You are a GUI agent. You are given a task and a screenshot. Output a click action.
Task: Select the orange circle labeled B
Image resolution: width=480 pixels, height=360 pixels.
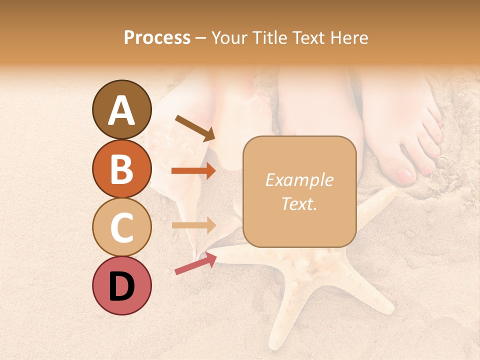121,168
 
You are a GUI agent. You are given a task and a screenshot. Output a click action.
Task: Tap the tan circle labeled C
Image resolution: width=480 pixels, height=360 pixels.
121,227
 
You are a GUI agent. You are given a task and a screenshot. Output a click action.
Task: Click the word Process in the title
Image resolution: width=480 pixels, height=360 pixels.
157,37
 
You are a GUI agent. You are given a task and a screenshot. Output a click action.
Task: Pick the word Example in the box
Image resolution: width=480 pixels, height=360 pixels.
299,180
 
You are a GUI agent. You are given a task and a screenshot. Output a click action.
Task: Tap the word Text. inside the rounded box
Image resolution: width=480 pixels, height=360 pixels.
299,204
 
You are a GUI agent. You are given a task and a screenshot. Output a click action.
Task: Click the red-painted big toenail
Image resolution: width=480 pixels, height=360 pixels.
404,175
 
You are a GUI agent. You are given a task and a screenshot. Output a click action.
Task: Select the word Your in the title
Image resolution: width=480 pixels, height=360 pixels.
229,37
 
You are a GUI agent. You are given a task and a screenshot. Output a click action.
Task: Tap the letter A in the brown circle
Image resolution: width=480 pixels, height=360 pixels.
121,110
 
